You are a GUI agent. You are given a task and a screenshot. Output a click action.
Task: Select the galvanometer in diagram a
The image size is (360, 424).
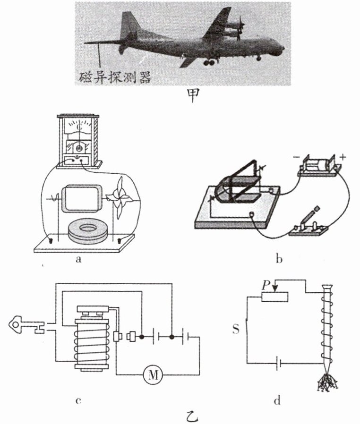[78, 141]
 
